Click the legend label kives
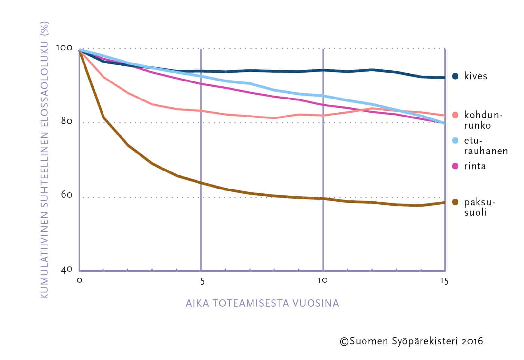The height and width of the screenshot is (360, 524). (x=476, y=76)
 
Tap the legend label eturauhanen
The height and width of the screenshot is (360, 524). (x=486, y=146)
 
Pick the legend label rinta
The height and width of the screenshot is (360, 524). (x=475, y=166)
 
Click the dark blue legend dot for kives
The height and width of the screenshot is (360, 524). (x=455, y=76)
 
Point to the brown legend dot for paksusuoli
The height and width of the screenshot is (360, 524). (x=455, y=202)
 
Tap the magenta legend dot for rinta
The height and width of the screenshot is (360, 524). (x=455, y=166)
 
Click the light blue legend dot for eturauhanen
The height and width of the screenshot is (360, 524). (x=455, y=141)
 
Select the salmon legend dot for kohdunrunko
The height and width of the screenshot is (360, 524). (x=455, y=115)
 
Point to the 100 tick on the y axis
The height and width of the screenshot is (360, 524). (x=64, y=48)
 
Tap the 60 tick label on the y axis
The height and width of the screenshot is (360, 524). (x=66, y=195)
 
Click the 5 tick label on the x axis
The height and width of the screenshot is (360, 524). (x=202, y=281)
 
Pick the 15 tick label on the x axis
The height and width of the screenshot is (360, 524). (x=444, y=281)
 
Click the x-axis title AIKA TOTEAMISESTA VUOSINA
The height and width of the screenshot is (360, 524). (x=262, y=303)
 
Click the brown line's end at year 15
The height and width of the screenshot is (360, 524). (x=444, y=203)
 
